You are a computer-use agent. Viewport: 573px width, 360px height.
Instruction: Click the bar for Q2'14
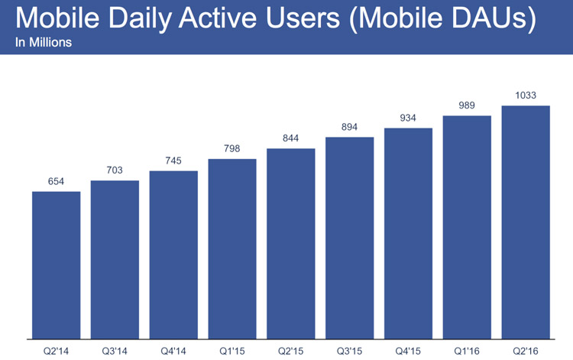57,265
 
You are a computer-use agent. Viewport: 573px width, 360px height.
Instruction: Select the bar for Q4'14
173,255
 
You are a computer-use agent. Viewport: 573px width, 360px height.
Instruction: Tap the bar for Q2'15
291,244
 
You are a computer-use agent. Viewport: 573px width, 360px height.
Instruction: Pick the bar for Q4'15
408,234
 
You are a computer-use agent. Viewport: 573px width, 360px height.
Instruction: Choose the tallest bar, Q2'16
526,222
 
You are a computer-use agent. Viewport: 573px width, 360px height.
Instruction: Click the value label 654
56,181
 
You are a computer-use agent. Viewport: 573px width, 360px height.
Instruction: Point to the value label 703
115,170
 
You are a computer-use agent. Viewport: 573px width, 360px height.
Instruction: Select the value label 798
232,148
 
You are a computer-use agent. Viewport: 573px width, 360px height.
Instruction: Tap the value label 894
349,127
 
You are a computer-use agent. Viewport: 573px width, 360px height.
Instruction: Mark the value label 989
467,105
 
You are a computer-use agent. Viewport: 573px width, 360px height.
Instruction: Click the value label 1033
526,96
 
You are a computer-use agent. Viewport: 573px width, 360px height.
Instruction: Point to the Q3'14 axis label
115,352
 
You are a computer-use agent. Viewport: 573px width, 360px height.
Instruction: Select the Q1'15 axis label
232,352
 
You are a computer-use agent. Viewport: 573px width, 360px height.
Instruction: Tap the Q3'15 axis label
349,352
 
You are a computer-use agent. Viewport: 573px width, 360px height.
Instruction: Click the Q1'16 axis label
467,352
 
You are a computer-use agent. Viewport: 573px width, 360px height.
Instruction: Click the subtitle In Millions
44,42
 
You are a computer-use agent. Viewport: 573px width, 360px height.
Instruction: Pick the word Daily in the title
140,19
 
